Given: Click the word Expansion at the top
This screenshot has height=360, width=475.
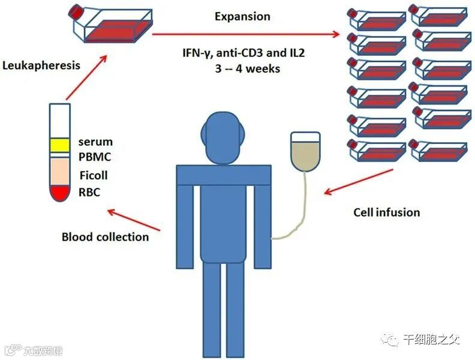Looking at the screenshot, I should coord(243,16).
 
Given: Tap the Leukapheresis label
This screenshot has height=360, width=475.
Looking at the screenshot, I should coord(41,65).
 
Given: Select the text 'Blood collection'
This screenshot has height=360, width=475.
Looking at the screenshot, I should coord(105,236).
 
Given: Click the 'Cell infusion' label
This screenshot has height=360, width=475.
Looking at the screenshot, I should coord(387,212).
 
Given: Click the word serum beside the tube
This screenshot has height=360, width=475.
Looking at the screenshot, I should coord(95,143).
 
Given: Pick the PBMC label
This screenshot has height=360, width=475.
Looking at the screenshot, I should coord(95,157).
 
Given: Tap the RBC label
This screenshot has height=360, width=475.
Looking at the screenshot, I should coord(90,193).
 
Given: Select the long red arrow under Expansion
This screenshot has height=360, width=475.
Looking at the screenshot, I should coord(246,34).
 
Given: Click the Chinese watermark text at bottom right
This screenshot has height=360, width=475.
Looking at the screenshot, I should coord(431,340).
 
